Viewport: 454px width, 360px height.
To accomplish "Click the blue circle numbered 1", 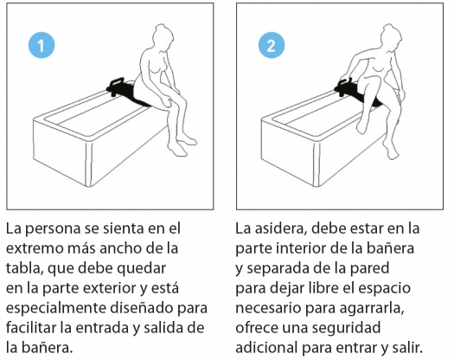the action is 42,45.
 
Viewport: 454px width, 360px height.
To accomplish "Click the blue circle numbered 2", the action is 272,45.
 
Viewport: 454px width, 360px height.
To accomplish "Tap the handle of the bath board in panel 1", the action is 117,80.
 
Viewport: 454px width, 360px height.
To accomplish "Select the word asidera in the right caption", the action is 280,228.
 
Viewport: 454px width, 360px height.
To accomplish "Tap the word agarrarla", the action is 372,308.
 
